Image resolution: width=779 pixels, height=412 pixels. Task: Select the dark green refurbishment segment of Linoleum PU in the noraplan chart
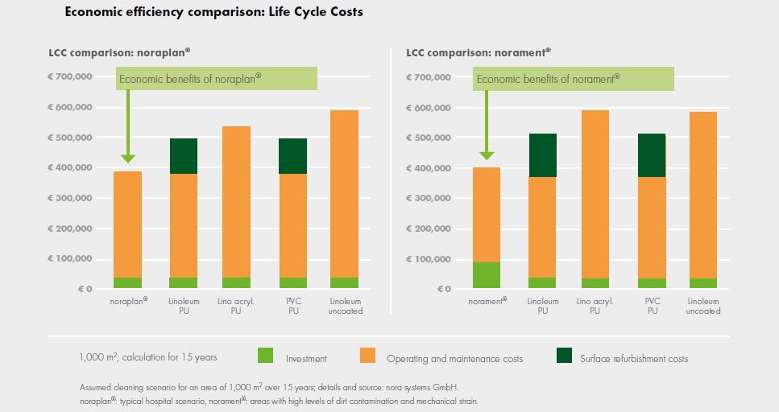(x=183, y=156)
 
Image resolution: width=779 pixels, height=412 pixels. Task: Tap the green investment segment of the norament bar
(x=485, y=275)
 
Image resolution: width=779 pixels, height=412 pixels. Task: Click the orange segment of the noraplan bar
(x=127, y=225)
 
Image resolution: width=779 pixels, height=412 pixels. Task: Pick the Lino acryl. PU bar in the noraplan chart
(x=237, y=202)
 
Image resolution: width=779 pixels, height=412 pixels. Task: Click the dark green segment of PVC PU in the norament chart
(x=651, y=155)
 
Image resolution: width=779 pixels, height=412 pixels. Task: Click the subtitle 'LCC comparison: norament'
(x=479, y=52)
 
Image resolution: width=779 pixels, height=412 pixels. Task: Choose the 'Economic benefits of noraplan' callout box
(x=217, y=79)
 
